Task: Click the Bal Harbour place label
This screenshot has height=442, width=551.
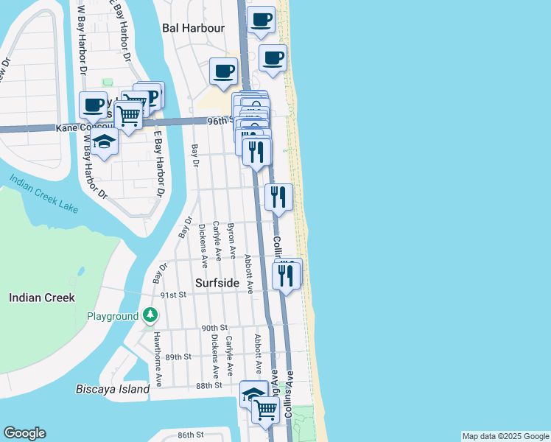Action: point(193,28)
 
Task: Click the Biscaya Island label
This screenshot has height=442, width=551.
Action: point(113,388)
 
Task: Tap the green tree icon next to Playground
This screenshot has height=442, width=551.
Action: point(150,316)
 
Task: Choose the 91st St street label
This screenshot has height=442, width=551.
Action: point(176,294)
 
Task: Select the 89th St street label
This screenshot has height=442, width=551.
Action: point(178,357)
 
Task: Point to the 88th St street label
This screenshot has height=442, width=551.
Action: point(209,385)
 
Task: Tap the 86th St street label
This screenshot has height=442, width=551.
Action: point(189,435)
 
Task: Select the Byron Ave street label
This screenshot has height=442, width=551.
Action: point(232,241)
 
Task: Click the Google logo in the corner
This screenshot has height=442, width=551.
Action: point(24,433)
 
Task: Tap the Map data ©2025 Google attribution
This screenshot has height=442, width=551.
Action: point(505,436)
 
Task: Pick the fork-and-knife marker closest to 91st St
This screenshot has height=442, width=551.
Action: point(284,276)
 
